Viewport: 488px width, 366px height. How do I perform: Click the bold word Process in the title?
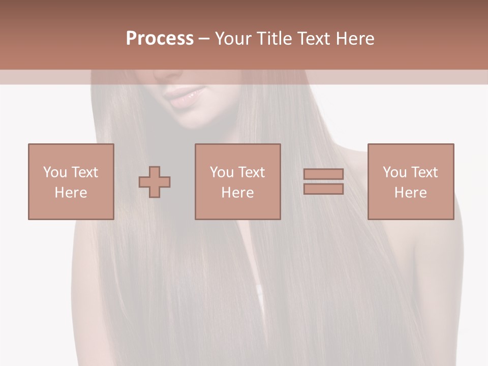pyautogui.click(x=160, y=39)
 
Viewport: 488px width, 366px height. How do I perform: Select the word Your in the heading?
pyautogui.click(x=234, y=39)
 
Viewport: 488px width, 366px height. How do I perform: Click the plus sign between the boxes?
pyautogui.click(x=155, y=181)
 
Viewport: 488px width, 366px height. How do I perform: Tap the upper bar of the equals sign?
pyautogui.click(x=323, y=174)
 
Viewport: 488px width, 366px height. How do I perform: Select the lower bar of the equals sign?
pyautogui.click(x=323, y=189)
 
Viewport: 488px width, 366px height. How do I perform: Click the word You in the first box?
pyautogui.click(x=55, y=172)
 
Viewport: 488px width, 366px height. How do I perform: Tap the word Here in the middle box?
pyautogui.click(x=237, y=193)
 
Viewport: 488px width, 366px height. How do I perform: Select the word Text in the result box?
pyautogui.click(x=424, y=172)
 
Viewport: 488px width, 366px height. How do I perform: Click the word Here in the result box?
pyautogui.click(x=410, y=193)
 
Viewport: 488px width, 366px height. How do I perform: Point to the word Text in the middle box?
pyautogui.click(x=251, y=172)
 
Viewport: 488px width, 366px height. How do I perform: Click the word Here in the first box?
pyautogui.click(x=71, y=193)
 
